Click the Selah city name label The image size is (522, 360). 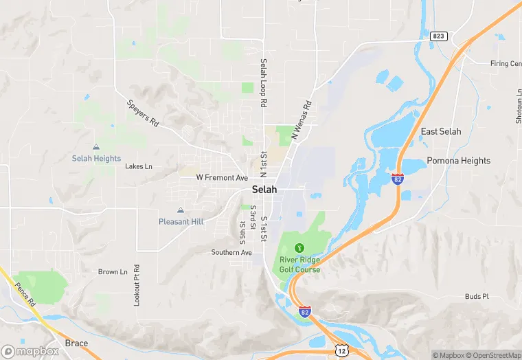pos(264,190)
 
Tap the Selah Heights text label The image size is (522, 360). pos(96,158)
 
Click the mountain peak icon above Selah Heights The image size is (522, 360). pos(96,147)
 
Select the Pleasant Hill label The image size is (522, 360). pos(181,221)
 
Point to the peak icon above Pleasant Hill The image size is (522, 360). pos(181,210)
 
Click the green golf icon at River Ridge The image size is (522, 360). pos(299,247)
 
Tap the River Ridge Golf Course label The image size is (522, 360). pos(299,264)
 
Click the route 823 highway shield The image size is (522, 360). pos(439,35)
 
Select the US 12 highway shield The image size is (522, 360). pos(342,351)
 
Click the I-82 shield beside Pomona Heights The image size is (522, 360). pos(398,179)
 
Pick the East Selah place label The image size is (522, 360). pos(441,131)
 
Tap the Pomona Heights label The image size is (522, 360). pos(459,161)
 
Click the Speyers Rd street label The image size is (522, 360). pos(143,113)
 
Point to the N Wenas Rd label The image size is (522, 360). pos(302,121)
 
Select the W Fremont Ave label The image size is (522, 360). pos(222,177)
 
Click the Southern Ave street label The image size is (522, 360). pos(231,252)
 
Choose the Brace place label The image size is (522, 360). pos(76,342)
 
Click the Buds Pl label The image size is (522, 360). pos(476,297)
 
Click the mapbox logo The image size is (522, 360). pos(30,351)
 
